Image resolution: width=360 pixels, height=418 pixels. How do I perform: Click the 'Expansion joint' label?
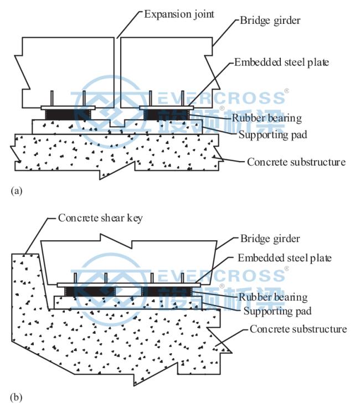(x=179, y=14)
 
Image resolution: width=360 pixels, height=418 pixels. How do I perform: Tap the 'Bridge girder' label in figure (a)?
(x=270, y=20)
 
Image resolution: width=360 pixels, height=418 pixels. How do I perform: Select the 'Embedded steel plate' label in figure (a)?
(x=281, y=63)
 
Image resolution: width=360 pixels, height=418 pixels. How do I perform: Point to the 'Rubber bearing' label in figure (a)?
(x=266, y=118)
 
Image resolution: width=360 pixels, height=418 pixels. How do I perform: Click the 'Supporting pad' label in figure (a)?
(x=273, y=135)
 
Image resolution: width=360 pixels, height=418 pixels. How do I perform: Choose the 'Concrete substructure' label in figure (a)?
(x=296, y=162)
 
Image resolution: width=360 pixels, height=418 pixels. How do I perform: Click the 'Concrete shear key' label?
(x=100, y=218)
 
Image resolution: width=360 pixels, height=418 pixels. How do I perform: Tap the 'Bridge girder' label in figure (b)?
(x=270, y=239)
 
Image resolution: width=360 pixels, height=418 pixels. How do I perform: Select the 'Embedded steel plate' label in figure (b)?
(x=285, y=258)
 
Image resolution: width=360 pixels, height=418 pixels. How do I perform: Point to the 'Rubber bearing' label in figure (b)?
(x=273, y=297)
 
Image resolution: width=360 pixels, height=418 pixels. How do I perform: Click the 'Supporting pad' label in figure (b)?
(x=277, y=311)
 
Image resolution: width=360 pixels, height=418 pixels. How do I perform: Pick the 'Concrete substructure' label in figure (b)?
(x=299, y=329)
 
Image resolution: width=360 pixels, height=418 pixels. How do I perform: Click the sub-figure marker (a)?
(x=17, y=191)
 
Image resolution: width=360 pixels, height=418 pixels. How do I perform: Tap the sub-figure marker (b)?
(x=16, y=398)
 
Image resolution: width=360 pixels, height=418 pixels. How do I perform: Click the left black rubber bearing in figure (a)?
(x=68, y=115)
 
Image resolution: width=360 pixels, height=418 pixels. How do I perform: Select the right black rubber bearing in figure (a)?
(x=166, y=115)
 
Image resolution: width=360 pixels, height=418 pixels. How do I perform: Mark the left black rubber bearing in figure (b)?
(x=90, y=291)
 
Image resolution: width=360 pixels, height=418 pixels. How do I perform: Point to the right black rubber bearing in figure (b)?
(x=167, y=291)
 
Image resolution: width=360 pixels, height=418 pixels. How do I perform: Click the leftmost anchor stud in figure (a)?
(x=52, y=99)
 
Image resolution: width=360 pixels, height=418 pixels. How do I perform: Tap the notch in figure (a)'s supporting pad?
(x=117, y=123)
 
